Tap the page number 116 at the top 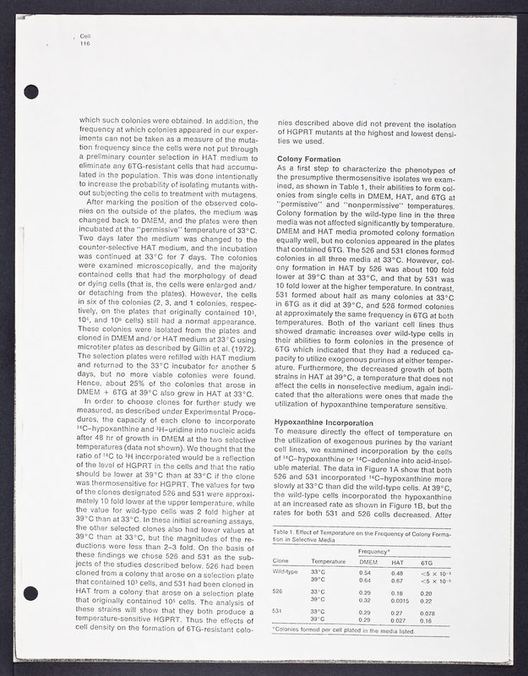84,43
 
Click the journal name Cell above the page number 84,36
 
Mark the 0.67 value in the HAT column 397,579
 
